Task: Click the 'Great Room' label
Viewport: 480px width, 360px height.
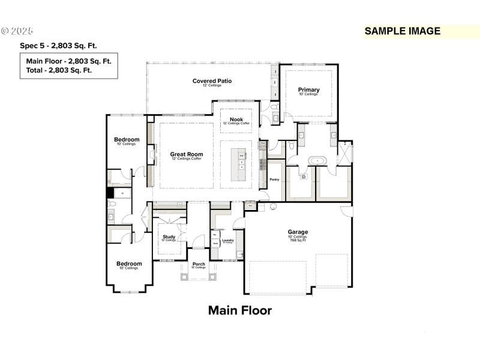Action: coord(187,154)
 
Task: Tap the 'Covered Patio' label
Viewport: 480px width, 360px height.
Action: coord(212,81)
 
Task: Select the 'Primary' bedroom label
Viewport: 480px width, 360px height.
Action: coord(309,90)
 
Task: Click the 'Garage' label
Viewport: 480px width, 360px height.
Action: coord(298,232)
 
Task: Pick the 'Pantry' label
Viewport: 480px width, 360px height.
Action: coord(275,179)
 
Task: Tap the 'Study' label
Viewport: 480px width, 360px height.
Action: coord(169,236)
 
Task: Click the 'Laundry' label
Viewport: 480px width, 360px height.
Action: coord(227,240)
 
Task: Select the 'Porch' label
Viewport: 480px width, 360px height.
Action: coord(199,264)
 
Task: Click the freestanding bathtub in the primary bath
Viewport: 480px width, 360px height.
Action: coord(316,161)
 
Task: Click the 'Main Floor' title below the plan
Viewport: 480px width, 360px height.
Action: coord(240,310)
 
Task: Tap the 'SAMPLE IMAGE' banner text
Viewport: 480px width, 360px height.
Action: coord(403,31)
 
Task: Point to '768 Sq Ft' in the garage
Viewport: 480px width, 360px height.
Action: coord(298,240)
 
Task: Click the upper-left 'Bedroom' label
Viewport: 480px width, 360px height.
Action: coord(127,140)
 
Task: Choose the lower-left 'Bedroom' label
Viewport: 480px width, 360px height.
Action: coord(129,263)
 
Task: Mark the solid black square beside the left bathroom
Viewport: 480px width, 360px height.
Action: coord(110,193)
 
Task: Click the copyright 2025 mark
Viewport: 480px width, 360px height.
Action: coord(18,31)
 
